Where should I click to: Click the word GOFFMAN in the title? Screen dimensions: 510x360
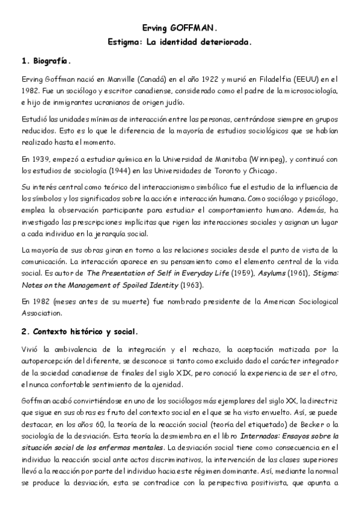click(x=194, y=28)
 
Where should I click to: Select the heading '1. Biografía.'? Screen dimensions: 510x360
click(x=46, y=61)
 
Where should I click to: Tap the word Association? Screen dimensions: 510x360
click(x=41, y=312)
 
